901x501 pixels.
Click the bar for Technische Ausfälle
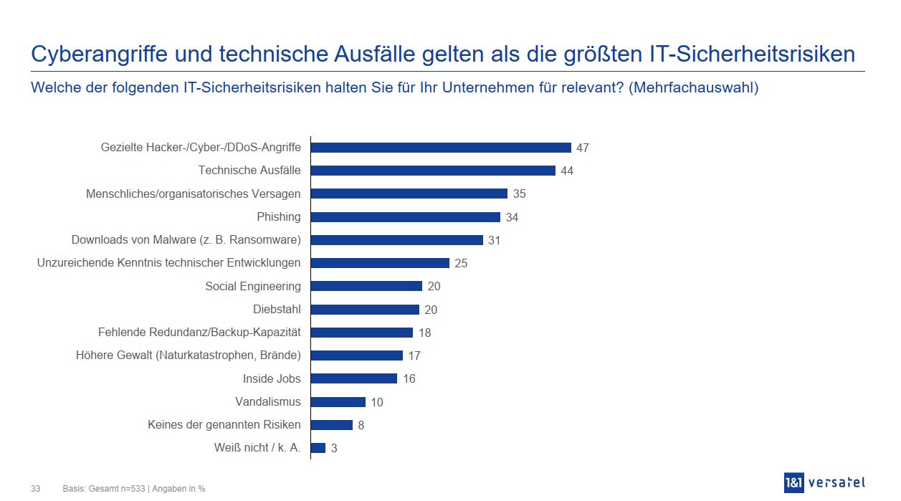point(433,171)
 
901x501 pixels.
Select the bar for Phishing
point(406,217)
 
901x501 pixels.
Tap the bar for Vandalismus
point(338,402)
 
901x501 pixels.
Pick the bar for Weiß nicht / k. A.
point(318,448)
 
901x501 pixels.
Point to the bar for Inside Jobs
point(354,378)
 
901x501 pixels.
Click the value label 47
point(582,148)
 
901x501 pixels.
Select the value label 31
point(494,240)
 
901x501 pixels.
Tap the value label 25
point(461,263)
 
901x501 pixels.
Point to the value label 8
point(361,425)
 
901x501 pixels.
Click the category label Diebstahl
point(277,310)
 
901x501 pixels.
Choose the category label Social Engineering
point(253,286)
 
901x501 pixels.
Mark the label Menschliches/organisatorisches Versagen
point(194,194)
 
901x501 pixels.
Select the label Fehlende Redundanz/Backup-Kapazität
point(199,333)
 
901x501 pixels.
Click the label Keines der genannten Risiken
point(224,425)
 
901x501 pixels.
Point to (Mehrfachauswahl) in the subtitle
point(693,88)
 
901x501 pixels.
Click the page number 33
point(35,489)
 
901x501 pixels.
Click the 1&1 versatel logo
point(824,483)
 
